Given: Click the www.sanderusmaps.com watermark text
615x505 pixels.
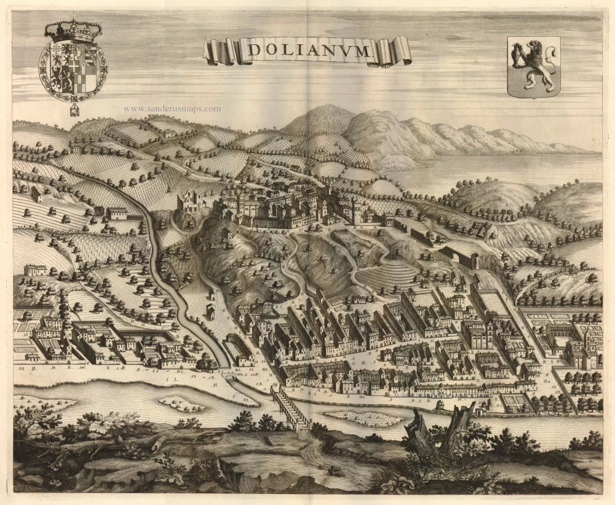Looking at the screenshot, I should (x=172, y=109).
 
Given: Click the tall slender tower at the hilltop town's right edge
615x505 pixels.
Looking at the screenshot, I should (x=355, y=209).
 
